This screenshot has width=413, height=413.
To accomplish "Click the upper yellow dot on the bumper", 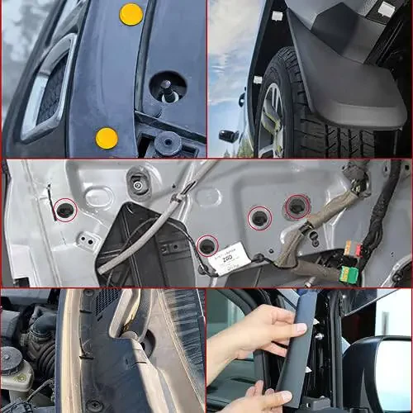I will pyautogui.click(x=131, y=14).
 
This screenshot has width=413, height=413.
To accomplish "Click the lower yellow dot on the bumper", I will pyautogui.click(x=107, y=138).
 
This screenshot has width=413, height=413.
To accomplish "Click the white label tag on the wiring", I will pyautogui.click(x=233, y=253).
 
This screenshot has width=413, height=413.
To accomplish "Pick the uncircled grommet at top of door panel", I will pyautogui.click(x=138, y=183).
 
